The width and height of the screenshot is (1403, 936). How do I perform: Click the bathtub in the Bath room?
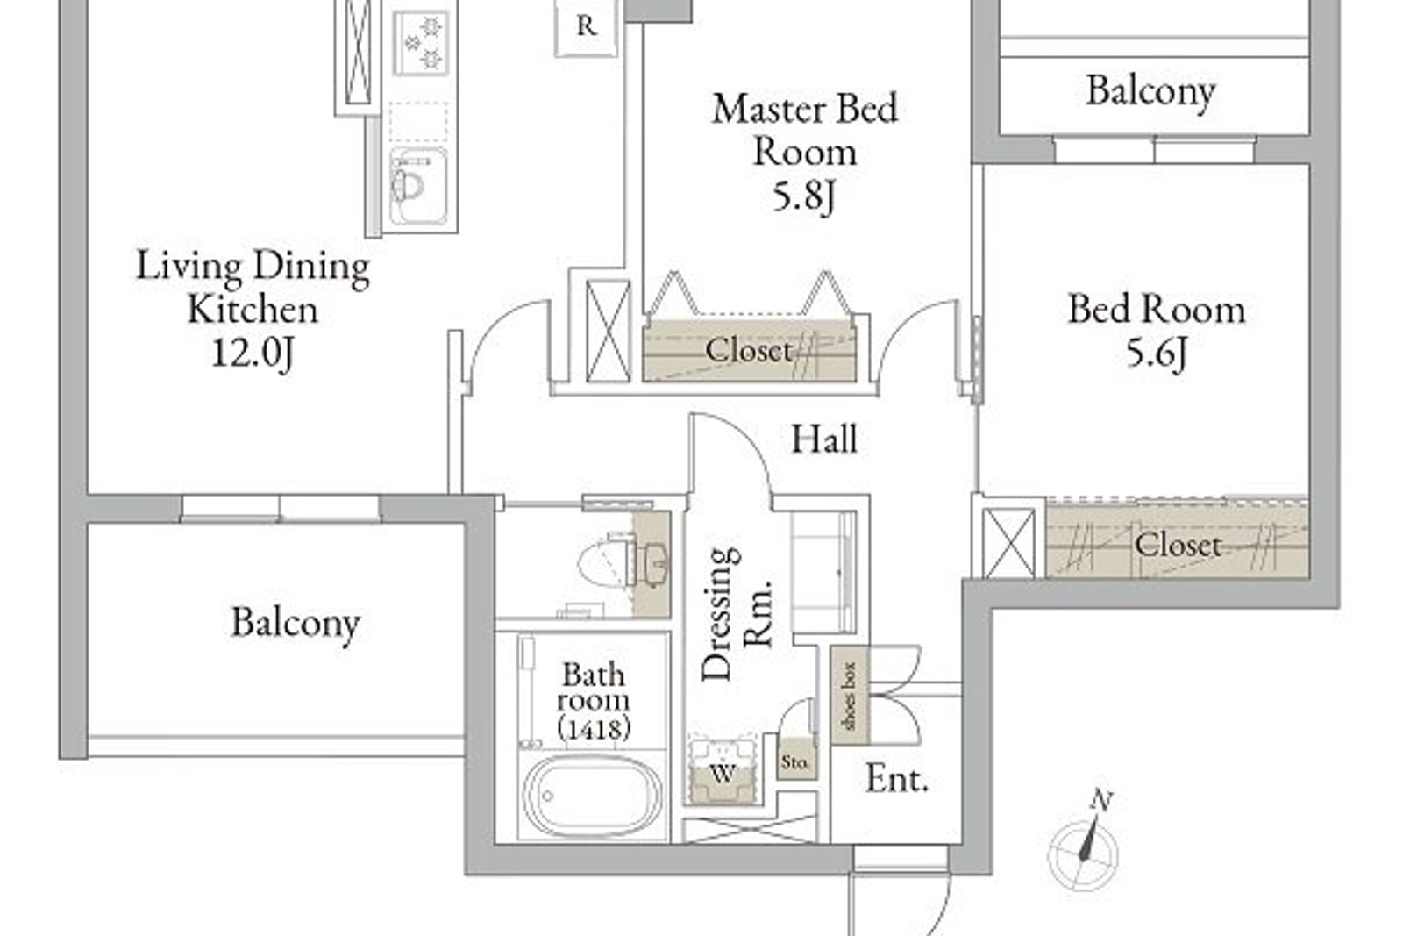tap(592, 795)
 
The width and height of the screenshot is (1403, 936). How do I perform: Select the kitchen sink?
tap(417, 187)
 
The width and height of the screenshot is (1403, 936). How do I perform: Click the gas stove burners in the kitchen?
tap(421, 43)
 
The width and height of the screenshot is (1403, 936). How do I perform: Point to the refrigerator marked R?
tap(586, 26)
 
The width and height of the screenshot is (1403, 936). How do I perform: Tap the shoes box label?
tap(850, 696)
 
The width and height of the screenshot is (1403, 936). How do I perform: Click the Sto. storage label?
tap(795, 762)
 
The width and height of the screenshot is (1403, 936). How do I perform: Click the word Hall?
tap(824, 439)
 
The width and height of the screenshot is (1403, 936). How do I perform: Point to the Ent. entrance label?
tap(897, 779)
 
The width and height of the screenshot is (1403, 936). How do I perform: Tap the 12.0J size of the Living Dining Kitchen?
tap(253, 354)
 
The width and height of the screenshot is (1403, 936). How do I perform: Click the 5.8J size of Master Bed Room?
tap(804, 196)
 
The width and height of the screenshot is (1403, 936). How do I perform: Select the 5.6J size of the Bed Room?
tap(1157, 352)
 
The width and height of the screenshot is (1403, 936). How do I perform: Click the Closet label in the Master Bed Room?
tap(749, 350)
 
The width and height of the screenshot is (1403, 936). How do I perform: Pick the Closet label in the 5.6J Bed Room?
tap(1179, 545)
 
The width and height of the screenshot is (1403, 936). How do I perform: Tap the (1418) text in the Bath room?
tap(593, 728)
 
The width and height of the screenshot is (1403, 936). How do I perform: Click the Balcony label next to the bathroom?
tap(296, 623)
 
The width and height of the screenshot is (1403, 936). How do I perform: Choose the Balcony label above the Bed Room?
tap(1150, 91)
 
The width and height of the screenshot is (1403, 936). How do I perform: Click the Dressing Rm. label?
tap(736, 615)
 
